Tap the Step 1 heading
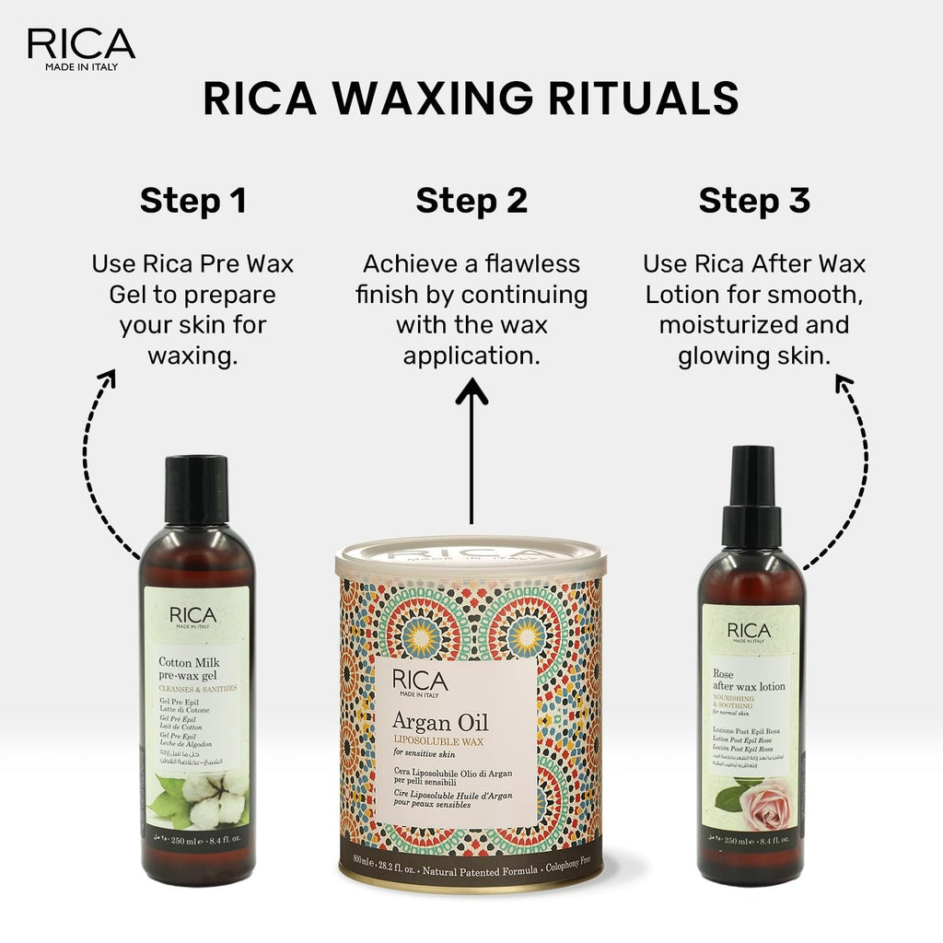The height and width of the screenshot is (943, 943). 193,201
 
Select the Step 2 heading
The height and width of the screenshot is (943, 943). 471,201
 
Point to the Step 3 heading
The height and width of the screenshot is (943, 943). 754,201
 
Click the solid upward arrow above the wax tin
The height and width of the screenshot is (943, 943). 472,451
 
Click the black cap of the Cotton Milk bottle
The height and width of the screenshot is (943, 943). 197,489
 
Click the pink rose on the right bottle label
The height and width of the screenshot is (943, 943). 763,802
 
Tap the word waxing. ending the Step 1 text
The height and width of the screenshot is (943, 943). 193,355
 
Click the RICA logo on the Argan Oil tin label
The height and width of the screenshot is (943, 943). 420,681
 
